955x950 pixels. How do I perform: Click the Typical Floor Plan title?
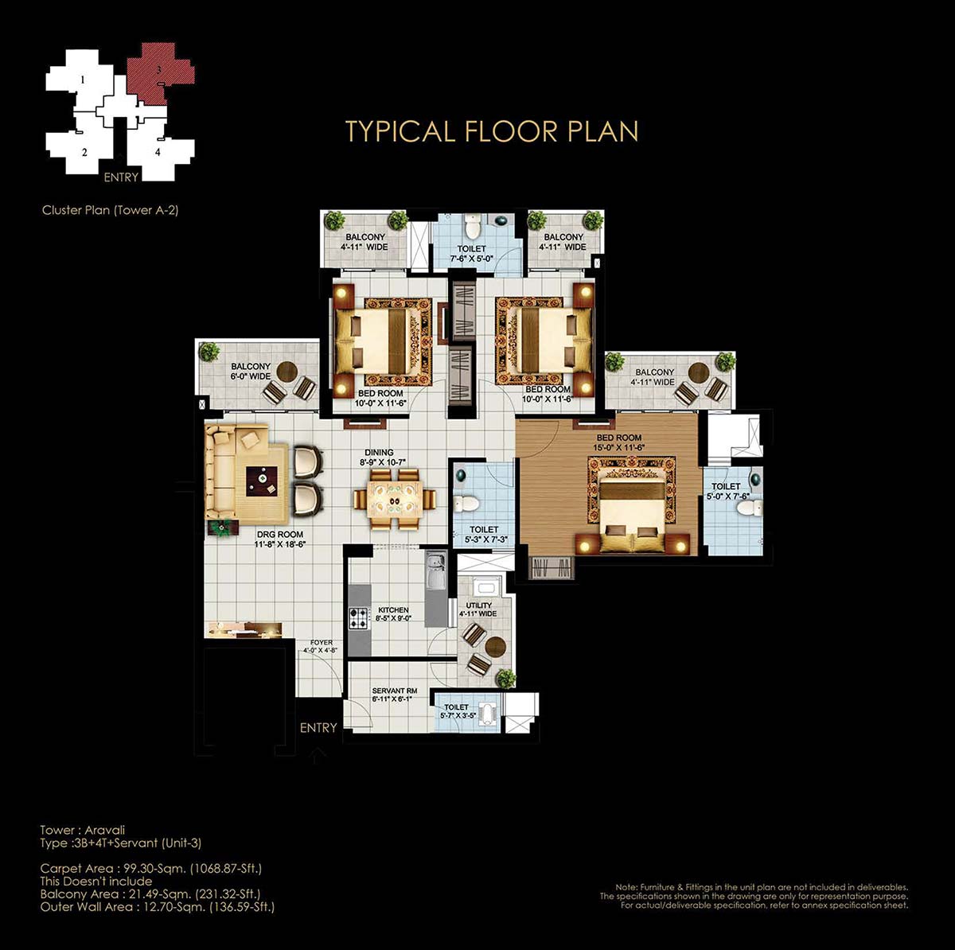point(492,132)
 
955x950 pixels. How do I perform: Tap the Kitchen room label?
point(393,613)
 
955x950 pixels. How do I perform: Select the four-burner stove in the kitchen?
point(359,618)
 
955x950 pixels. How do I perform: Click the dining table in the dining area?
point(395,500)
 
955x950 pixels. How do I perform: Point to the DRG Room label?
point(280,539)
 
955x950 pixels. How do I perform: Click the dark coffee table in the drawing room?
point(262,482)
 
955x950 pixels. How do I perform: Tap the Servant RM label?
point(395,695)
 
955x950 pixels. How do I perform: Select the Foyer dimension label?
point(322,646)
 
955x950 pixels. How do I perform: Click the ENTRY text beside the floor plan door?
point(318,727)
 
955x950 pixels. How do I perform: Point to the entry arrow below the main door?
point(318,756)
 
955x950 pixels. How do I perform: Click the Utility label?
point(479,609)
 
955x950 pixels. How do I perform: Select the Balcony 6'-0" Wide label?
point(251,372)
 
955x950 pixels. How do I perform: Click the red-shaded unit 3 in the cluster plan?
point(159,73)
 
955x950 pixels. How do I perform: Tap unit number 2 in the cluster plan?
point(84,153)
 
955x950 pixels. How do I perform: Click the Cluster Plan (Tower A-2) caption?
point(110,210)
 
